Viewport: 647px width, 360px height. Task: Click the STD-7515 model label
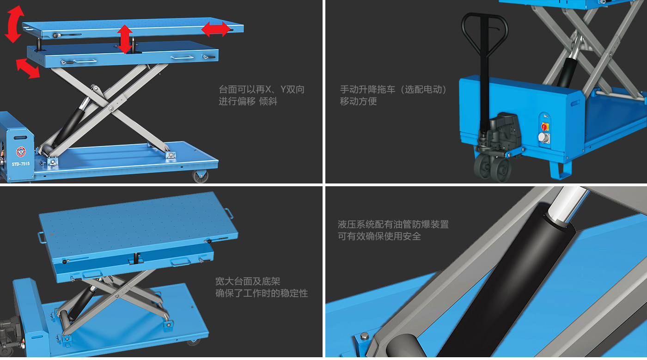[x=20, y=164]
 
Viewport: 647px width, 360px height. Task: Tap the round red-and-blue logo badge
[x=21, y=152]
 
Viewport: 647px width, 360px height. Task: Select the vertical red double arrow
[x=125, y=39]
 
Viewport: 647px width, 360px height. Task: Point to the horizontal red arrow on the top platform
[x=216, y=29]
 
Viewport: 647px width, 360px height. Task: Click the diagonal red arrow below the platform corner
[x=28, y=68]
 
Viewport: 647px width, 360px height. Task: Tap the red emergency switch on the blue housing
[x=545, y=126]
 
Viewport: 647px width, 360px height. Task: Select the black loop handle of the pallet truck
[x=485, y=35]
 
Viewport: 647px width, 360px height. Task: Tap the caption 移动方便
[x=358, y=101]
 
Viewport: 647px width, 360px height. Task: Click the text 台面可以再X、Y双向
[x=262, y=89]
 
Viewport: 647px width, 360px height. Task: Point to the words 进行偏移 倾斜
[x=248, y=101]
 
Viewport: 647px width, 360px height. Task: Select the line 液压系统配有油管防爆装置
[x=393, y=224]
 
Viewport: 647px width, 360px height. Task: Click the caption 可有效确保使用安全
[x=379, y=236]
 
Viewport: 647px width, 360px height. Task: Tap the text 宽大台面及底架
[x=248, y=281]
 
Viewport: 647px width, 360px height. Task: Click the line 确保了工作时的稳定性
[x=262, y=293]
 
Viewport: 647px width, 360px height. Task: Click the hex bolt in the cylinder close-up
[x=364, y=336]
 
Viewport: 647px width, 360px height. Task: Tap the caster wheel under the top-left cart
[x=200, y=176]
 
